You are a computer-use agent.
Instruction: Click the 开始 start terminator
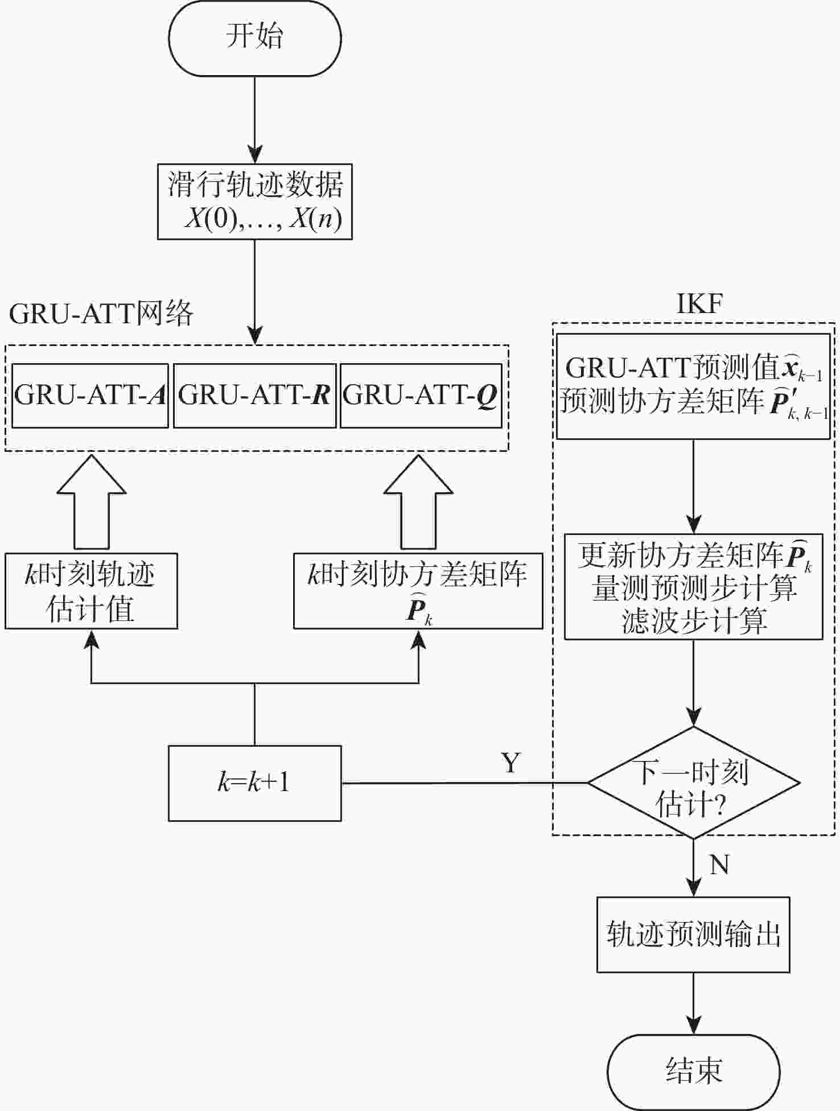(255, 38)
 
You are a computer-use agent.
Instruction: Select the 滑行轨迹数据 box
(255, 201)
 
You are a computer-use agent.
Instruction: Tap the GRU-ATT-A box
(90, 396)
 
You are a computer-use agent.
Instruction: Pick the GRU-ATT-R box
(255, 396)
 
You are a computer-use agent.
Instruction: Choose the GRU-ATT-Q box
(421, 396)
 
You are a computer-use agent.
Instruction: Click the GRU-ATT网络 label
(101, 314)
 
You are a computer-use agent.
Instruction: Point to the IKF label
(700, 303)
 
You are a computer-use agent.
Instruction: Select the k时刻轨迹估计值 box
(91, 591)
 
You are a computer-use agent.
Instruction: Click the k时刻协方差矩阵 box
(418, 591)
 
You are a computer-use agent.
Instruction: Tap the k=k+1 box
(255, 783)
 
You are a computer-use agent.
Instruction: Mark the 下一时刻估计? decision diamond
(694, 783)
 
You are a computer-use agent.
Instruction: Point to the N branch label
(720, 864)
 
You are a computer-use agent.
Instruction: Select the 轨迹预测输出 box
(693, 935)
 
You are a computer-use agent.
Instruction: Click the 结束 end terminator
(694, 1071)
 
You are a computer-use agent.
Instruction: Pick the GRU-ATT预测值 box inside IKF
(693, 386)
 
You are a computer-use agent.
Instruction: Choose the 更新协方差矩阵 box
(694, 587)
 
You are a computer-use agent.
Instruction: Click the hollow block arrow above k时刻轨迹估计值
(91, 502)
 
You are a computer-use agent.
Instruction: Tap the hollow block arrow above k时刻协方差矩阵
(418, 502)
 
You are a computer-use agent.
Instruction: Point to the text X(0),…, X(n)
(263, 218)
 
